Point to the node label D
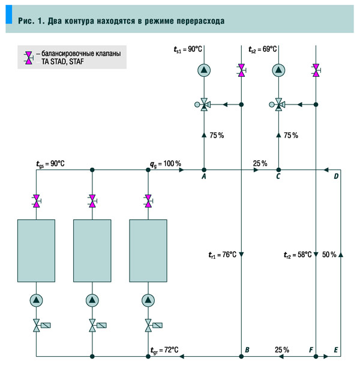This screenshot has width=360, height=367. pyautogui.click(x=336, y=176)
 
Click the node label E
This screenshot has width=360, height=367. pyautogui.click(x=335, y=349)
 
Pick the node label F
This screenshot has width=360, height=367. pyautogui.click(x=310, y=349)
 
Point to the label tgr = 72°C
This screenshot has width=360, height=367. pyautogui.click(x=164, y=350)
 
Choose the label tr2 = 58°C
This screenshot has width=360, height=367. pyautogui.click(x=298, y=255)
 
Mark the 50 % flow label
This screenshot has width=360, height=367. pyautogui.click(x=329, y=255)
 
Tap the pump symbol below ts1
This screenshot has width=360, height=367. pyautogui.click(x=204, y=70)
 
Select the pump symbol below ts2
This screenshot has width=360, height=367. pyautogui.click(x=278, y=70)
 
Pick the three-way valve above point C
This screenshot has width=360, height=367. pyautogui.click(x=278, y=105)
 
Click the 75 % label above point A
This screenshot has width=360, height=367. pyautogui.click(x=216, y=136)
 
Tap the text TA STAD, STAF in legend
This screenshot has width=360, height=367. pyautogui.click(x=65, y=62)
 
